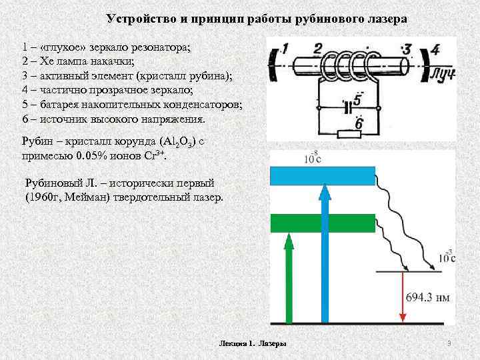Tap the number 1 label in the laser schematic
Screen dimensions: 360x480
point(284,49)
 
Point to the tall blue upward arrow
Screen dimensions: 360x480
point(325,253)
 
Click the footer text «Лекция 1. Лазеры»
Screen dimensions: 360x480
point(253,343)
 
